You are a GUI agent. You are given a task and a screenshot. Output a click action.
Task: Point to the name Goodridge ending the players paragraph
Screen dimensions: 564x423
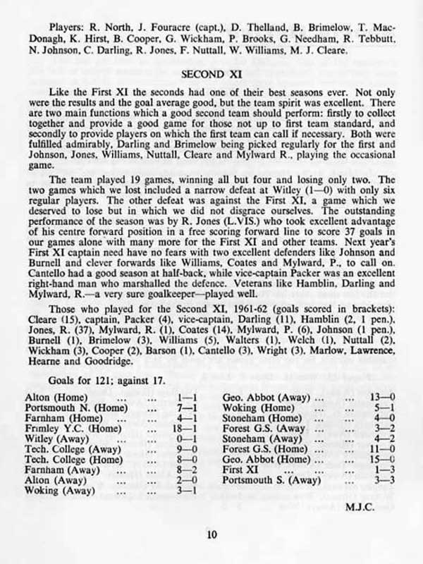click(108, 362)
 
